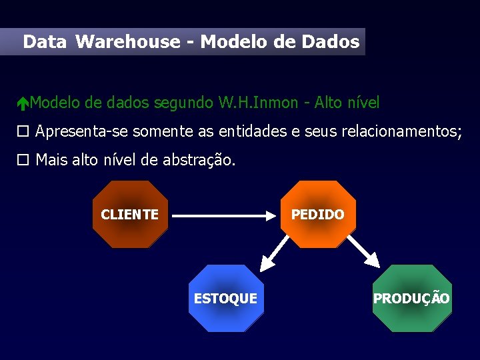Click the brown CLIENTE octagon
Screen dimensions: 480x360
tap(129, 214)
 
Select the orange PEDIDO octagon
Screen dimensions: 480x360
tap(318, 214)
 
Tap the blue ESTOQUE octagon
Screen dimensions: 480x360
tap(225, 298)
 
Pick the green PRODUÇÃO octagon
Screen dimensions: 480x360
tap(411, 298)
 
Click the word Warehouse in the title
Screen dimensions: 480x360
tap(128, 42)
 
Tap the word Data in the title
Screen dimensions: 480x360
tap(45, 42)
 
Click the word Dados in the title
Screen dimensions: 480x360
tap(331, 42)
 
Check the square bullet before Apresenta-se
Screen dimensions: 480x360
tap(23, 131)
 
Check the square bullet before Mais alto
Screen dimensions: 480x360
tap(23, 160)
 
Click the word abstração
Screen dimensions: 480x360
tap(199, 160)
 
